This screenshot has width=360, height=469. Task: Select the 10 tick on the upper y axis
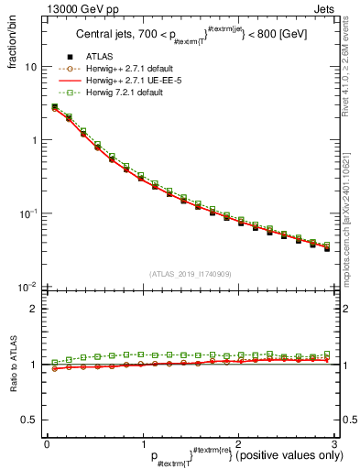point(30,67)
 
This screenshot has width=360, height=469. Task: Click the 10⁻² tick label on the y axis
point(27,287)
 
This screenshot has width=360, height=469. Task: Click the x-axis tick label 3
point(333,443)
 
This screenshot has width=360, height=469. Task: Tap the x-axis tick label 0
point(47,443)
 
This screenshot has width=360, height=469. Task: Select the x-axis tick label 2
point(238,443)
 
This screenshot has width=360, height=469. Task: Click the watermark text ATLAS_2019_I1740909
point(189,274)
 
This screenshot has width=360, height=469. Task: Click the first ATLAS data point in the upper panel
point(54,107)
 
